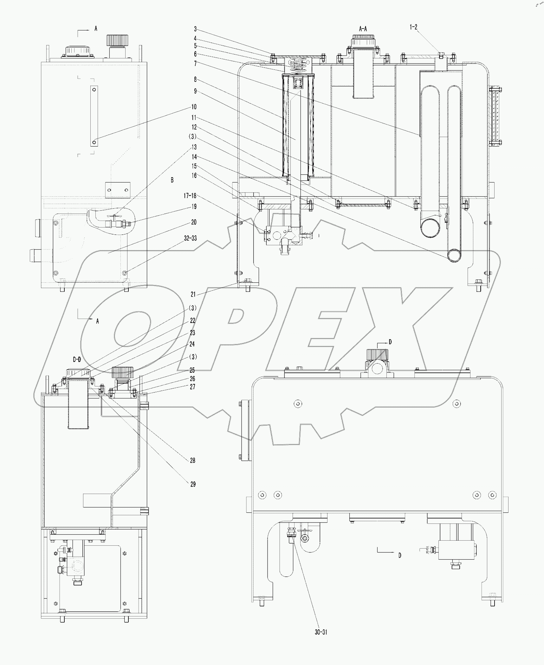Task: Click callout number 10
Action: tap(194, 107)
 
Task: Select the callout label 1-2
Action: tap(413, 27)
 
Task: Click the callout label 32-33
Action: tap(190, 238)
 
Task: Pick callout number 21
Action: tap(193, 294)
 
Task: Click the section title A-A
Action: tap(363, 29)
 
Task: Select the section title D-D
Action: tap(77, 359)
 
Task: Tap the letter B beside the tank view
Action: tap(172, 180)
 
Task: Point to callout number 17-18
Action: tap(190, 196)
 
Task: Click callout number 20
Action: tap(194, 222)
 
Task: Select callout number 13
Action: tap(194, 147)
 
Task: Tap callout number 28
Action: tap(192, 460)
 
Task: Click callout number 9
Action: tap(195, 91)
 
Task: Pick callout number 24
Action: tap(192, 344)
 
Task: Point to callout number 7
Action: tap(195, 64)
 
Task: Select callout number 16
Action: tap(194, 175)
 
